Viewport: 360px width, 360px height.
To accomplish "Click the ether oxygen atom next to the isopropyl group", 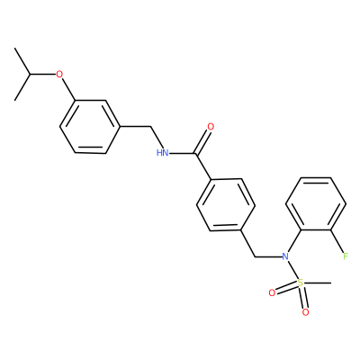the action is [x=60, y=74].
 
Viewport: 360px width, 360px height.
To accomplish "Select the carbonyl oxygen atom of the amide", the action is [x=211, y=127].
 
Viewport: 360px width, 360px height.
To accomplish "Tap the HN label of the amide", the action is [x=162, y=153].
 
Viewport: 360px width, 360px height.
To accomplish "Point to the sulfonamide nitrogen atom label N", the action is [x=285, y=256].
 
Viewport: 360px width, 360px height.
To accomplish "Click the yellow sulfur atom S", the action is [x=301, y=283].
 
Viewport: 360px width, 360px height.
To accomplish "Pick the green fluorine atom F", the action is [x=346, y=256].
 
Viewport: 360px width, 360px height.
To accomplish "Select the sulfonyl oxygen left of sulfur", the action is [x=272, y=292].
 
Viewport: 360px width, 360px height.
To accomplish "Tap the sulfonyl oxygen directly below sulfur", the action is [x=305, y=312].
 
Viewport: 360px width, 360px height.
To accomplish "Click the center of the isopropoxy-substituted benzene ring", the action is [x=90, y=127].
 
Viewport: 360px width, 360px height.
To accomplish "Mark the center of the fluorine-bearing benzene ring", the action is [x=316, y=204].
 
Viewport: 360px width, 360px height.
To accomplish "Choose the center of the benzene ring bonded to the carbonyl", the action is [x=226, y=205].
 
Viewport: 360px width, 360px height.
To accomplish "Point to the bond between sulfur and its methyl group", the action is [x=318, y=283].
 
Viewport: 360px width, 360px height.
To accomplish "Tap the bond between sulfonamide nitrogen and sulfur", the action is [x=292, y=269].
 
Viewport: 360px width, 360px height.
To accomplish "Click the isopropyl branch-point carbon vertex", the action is [x=30, y=74].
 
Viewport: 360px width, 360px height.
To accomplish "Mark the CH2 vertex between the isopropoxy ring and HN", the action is [x=150, y=127].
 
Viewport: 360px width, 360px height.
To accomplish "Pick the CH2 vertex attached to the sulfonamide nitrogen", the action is [x=256, y=256].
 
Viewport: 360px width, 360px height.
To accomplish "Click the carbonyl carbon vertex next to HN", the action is [x=195, y=154].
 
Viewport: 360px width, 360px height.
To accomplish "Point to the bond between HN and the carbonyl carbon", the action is [x=182, y=154].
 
